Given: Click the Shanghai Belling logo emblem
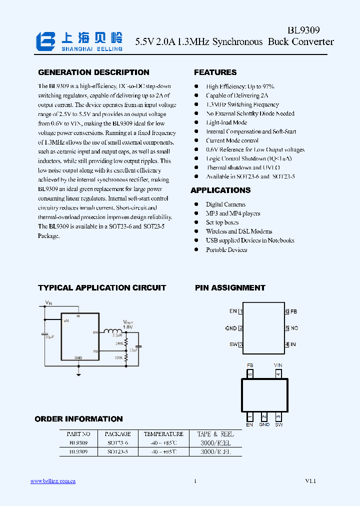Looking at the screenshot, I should pos(46,41).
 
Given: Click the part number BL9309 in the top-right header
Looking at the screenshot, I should pos(303,30).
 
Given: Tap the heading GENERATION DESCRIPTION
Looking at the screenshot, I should pos(93,72).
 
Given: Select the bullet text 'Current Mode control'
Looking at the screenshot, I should pos(232,140).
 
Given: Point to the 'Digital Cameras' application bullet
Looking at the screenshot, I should pos(225,204).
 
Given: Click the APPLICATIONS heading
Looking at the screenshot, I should pos(220,190).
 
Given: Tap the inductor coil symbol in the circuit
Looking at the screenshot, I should pos(113,330).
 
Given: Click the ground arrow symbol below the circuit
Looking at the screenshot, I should pos(78,373).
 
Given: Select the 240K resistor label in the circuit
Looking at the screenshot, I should pos(119,343).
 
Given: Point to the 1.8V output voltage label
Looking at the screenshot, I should pos(128,327).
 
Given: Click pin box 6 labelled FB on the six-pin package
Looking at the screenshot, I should pos(287,311).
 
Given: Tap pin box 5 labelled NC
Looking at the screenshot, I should pos(287,328).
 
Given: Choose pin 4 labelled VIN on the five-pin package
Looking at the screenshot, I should pos(278,373).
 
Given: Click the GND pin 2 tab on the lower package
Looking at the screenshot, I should pos(264,416).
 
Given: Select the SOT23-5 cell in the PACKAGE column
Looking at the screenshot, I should pos(118,451).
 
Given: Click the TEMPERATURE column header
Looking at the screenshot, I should pos(163,434).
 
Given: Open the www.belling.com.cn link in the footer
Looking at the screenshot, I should pos(53,481).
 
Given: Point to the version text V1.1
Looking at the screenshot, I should pos(310,481).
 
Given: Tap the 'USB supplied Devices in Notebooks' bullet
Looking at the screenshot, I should pos(250,240).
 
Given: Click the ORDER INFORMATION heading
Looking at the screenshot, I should pos(78,419).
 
